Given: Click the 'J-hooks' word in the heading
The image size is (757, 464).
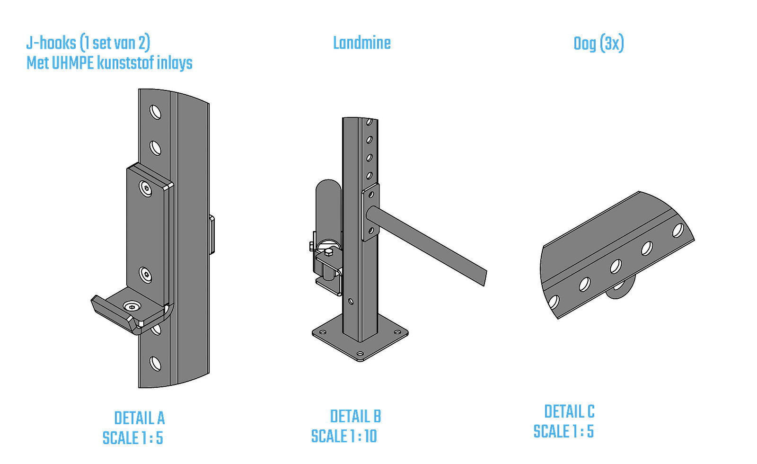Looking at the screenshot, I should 51,43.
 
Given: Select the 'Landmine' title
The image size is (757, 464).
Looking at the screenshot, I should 362,43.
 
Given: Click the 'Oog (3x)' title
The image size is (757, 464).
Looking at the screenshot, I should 599,44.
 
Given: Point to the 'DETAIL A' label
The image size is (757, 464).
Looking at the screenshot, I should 139,418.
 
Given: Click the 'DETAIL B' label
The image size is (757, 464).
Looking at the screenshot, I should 355,417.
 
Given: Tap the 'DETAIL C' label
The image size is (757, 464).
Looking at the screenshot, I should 569,412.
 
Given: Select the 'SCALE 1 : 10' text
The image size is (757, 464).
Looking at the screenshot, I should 344,436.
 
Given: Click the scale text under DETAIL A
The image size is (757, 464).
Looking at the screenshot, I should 133,438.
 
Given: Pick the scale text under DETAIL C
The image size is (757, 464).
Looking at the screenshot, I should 563,432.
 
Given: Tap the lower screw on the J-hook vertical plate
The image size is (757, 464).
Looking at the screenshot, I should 146,275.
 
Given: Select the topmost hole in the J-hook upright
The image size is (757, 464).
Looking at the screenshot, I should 155,112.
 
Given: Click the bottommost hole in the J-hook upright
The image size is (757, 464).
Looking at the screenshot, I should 155,364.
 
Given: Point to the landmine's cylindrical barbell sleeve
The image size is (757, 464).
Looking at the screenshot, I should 328,208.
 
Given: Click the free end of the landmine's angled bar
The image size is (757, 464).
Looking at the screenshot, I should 484,277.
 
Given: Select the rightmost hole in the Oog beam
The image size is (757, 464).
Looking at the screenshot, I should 678,231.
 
